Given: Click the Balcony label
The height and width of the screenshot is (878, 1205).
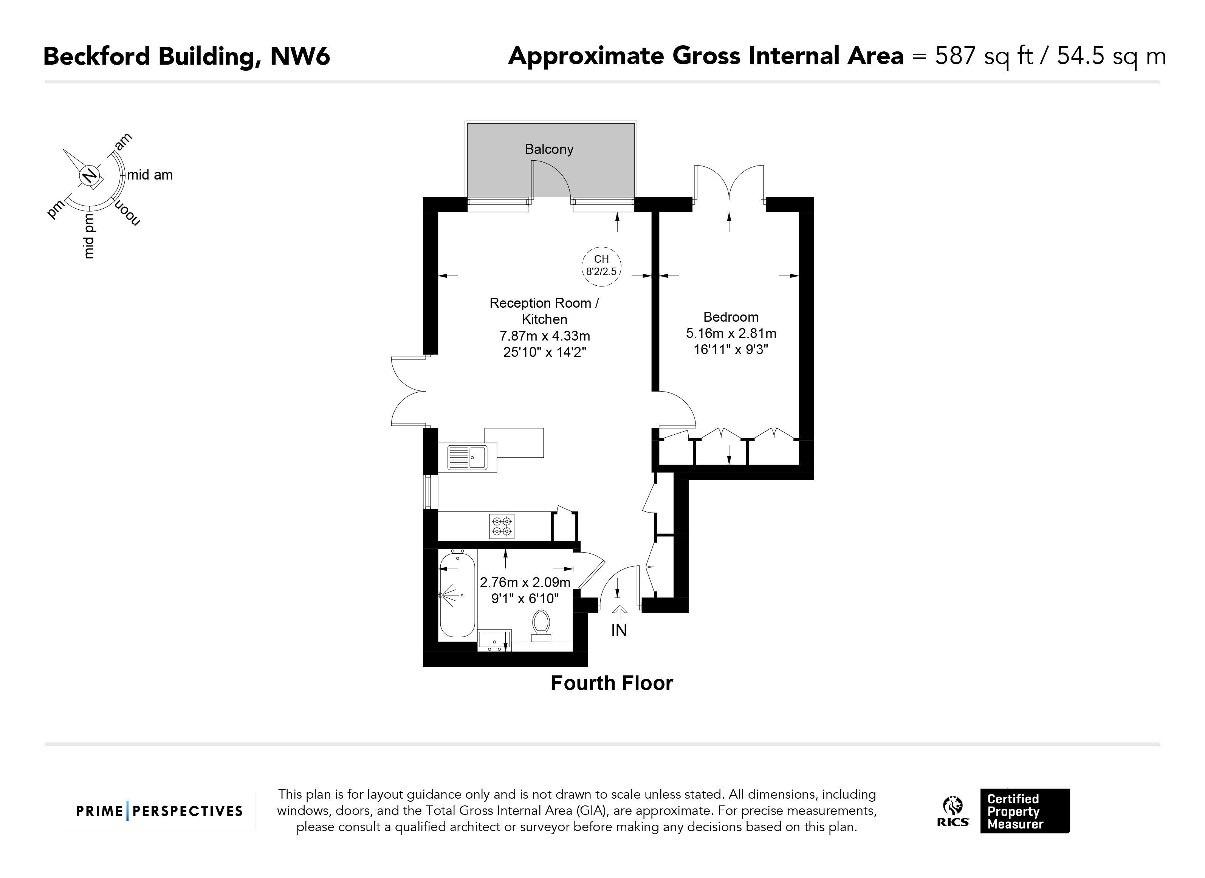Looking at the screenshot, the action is (549, 149).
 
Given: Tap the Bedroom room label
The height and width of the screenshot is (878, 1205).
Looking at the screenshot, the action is (731, 317).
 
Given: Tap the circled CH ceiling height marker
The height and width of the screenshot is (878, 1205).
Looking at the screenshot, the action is (601, 266).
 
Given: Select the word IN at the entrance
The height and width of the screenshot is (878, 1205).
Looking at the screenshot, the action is (619, 631).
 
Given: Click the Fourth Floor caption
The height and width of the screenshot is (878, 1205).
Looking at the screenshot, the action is (612, 683).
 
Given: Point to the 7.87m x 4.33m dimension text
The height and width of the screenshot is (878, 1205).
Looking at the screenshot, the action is (545, 336).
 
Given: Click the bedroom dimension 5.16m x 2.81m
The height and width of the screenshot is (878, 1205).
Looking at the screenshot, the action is (731, 333).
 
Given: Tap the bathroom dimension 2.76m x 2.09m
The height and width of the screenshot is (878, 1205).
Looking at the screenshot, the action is (525, 582).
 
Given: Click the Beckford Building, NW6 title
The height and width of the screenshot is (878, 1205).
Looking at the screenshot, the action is (187, 56).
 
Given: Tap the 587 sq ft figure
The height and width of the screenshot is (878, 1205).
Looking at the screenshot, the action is (984, 56).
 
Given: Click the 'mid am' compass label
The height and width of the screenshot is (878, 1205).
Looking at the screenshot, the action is (150, 175).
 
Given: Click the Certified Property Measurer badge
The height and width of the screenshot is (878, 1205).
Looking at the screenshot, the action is (1025, 811).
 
